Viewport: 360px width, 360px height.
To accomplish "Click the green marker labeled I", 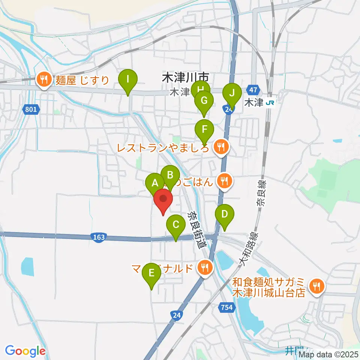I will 128,79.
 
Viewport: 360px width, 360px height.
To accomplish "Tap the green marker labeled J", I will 232,93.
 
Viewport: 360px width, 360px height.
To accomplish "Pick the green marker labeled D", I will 225,215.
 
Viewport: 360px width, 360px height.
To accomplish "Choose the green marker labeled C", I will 175,225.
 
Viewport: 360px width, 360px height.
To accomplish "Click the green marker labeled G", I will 204,101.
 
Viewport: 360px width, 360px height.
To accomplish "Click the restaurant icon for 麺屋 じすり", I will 44,79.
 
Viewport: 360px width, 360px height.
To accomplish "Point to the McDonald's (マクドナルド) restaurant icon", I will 204,268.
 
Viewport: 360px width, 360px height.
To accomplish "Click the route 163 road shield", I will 99,237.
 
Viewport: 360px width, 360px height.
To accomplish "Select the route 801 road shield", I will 32,109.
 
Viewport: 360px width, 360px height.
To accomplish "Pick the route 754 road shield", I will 226,307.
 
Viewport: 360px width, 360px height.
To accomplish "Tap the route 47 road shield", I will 253,90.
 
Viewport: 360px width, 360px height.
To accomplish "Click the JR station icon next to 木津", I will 269,102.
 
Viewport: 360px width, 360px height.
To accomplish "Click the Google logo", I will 25,351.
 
